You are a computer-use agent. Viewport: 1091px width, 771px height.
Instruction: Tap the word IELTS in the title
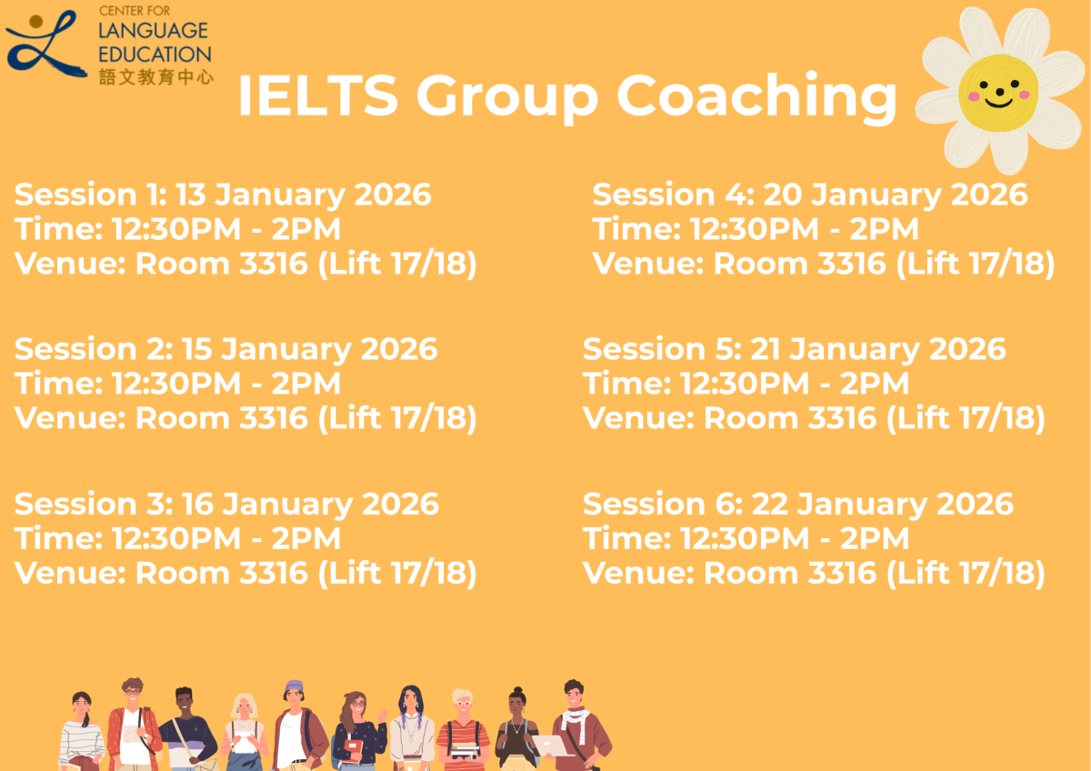317,95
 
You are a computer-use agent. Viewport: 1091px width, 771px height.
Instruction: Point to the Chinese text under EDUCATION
155,76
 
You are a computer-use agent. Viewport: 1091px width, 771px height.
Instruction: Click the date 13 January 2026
303,195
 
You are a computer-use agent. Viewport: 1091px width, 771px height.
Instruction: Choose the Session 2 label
94,349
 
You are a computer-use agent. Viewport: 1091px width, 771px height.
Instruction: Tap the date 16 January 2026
310,504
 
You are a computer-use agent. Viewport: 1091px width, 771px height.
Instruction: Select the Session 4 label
673,195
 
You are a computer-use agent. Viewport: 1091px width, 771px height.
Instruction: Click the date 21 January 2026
877,349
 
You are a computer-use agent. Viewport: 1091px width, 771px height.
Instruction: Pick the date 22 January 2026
882,504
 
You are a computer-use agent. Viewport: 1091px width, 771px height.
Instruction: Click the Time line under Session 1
177,229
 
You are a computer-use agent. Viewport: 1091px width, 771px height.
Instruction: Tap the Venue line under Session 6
814,573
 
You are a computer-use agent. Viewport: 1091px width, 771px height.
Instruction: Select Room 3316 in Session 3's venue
222,573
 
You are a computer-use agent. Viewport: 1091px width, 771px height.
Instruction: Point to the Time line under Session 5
746,384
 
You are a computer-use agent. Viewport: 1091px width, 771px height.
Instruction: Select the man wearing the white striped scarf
576,723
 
